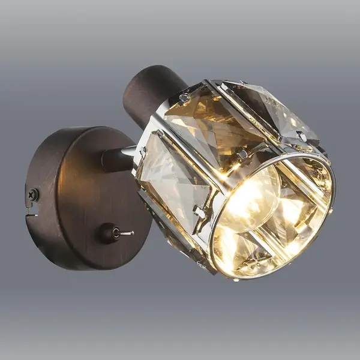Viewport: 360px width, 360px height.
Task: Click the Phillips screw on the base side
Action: pyautogui.click(x=34, y=194)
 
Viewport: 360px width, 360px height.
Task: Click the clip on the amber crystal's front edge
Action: pyautogui.click(x=242, y=155)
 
